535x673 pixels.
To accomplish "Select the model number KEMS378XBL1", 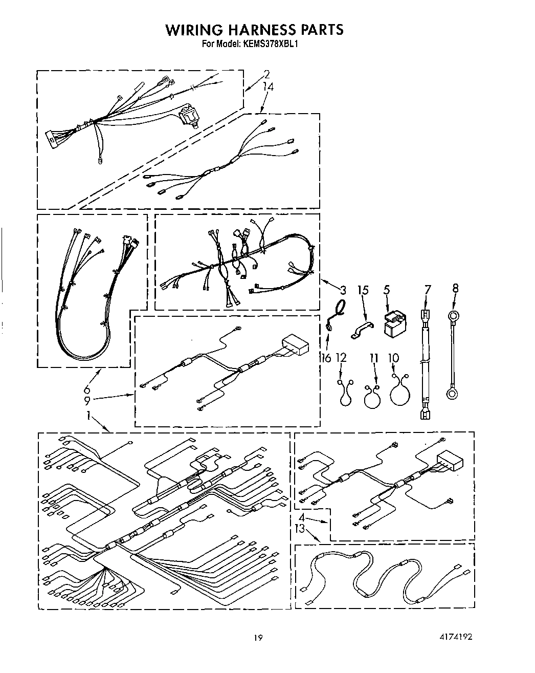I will pos(271,44).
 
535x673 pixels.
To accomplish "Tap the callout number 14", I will pos(267,87).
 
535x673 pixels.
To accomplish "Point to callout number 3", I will pos(342,290).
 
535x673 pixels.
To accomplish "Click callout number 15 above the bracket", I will pos(363,290).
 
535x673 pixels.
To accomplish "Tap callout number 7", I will pos(427,290).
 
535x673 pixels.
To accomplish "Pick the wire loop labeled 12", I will pos(345,393).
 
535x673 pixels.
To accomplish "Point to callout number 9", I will pos(87,401).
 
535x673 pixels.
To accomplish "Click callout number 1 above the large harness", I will pos(88,416).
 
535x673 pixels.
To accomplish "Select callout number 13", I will pos(300,528).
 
